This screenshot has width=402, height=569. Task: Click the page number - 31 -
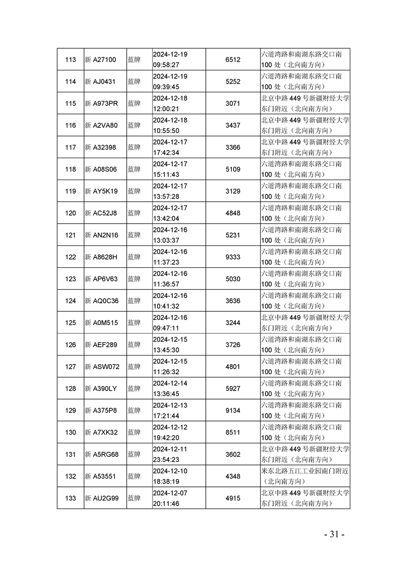[x=335, y=534]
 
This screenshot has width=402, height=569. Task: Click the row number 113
[x=71, y=60]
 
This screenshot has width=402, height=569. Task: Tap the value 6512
[x=233, y=60]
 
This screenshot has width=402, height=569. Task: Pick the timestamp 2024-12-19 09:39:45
[x=170, y=82]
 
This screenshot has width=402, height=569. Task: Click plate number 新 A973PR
[x=101, y=103]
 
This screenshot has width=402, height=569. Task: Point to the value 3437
[x=233, y=125]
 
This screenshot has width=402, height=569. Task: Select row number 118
[x=71, y=169]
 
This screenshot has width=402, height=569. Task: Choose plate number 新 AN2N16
[x=101, y=235]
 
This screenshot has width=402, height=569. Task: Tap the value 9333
[x=233, y=257]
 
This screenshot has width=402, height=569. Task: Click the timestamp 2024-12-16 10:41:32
[x=170, y=301]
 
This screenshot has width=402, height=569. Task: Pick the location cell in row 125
[x=305, y=323]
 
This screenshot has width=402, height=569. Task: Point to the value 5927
[x=233, y=388]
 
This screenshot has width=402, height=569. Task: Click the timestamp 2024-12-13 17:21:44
[x=170, y=410]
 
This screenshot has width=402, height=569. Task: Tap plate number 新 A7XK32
[x=101, y=433]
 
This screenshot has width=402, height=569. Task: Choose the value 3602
[x=233, y=454]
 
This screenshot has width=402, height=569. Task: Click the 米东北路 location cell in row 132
[x=305, y=476]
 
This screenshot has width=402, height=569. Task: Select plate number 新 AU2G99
[x=102, y=498]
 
